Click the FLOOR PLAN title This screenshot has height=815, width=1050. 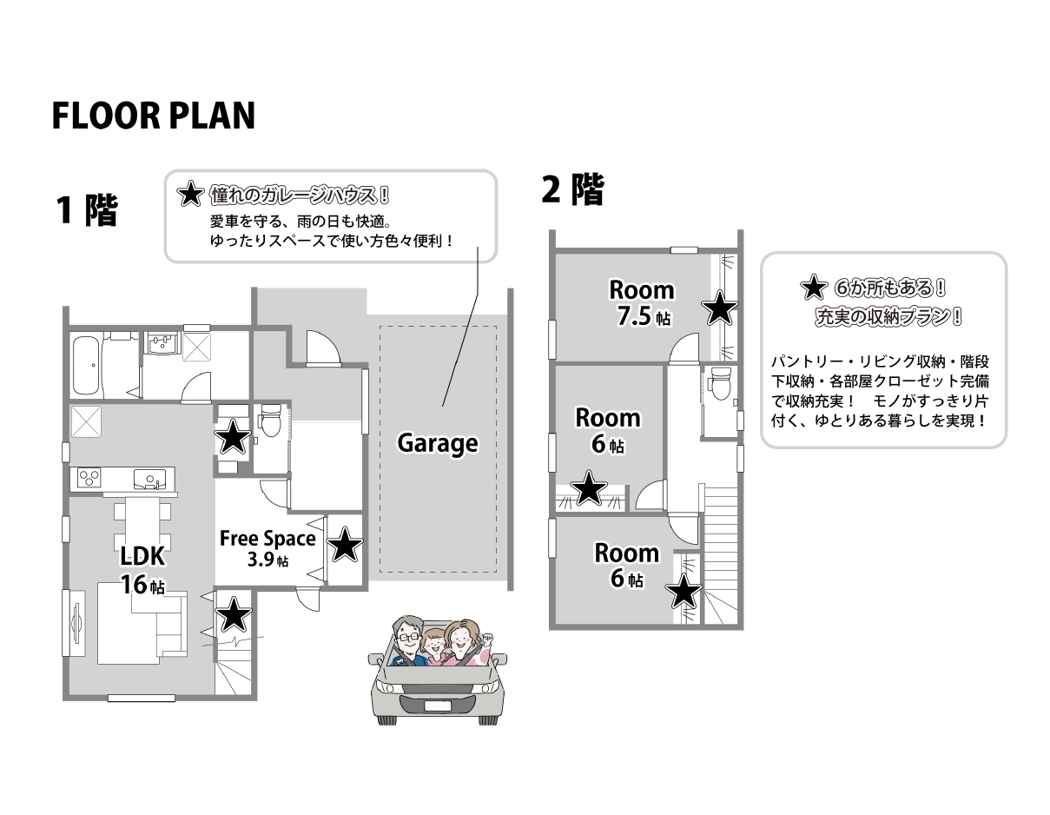coord(153,116)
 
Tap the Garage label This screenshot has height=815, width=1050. coord(438,443)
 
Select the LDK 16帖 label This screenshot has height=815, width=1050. coord(142,570)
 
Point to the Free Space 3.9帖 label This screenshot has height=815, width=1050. coord(267,548)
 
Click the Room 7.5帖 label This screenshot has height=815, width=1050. coord(642,303)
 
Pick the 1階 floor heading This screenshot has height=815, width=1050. coord(87,209)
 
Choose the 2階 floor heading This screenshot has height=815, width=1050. coord(573,189)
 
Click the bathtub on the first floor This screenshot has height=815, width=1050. coord(87,365)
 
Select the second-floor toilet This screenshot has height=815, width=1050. coord(721,384)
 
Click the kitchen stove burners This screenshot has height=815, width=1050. coord(89,479)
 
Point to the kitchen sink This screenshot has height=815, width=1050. coord(149,479)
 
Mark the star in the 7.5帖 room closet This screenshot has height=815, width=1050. coord(719,308)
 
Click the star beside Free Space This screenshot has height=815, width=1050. coord(345,545)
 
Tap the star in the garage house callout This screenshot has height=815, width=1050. coord(190,194)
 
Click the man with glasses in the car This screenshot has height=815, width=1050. coord(408,640)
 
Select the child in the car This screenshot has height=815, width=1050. coord(435,646)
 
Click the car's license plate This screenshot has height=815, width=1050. coord(437,706)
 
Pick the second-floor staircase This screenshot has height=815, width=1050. coord(721,555)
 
